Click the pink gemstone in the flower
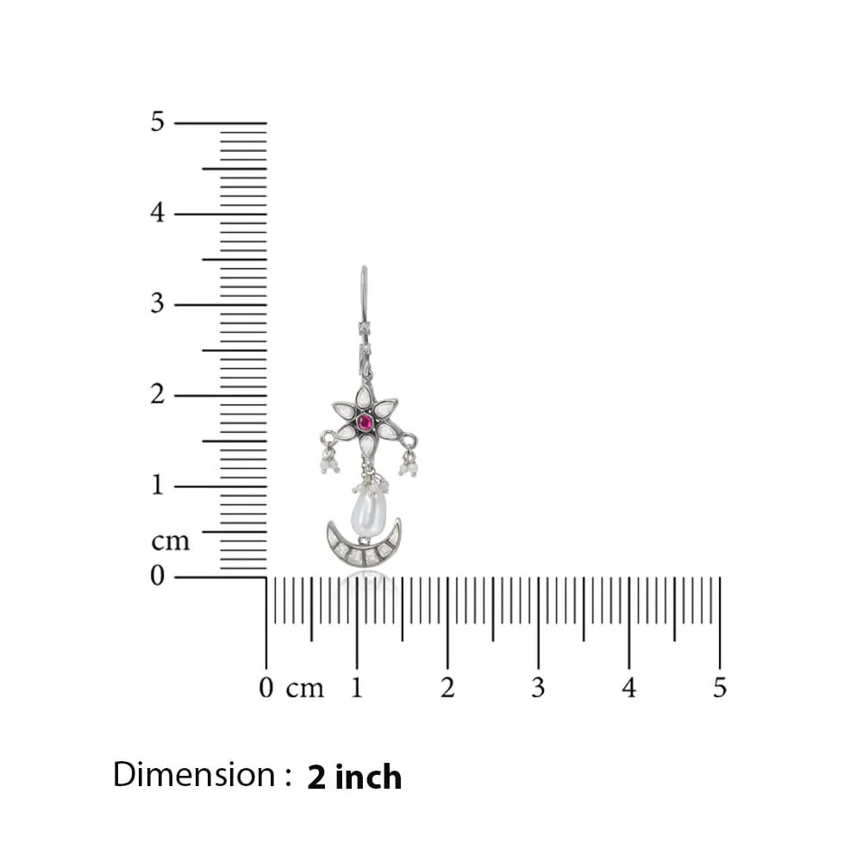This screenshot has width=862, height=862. [365, 423]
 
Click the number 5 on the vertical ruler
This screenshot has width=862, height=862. [158, 122]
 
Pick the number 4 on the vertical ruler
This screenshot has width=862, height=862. [158, 212]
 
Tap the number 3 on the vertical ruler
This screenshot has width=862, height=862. [158, 303]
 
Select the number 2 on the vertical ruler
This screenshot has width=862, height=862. [158, 394]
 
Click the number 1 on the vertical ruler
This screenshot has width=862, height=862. [159, 484]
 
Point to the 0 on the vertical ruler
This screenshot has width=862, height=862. [158, 576]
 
